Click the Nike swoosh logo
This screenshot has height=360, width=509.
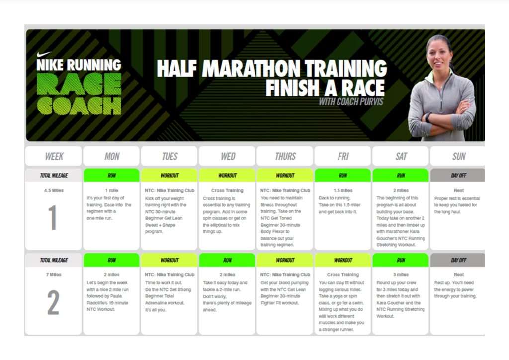(44, 54)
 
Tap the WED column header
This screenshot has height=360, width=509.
(228, 157)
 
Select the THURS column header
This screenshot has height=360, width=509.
(285, 157)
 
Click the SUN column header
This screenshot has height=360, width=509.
(459, 157)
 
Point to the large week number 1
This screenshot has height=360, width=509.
(53, 217)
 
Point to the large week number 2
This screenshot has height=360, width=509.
(53, 302)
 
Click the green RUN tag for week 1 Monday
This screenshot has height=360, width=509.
(112, 176)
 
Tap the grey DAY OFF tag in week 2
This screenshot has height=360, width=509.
(458, 260)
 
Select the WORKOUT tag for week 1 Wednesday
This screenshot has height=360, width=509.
(227, 176)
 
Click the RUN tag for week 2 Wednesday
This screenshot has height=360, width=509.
(227, 260)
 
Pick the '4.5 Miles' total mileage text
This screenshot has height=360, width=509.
(54, 190)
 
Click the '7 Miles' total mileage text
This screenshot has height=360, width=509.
(54, 275)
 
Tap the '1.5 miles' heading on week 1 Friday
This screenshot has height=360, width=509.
(343, 190)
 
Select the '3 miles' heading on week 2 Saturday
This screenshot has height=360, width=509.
(401, 275)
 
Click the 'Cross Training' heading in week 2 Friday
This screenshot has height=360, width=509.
(343, 275)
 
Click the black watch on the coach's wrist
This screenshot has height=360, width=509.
(428, 117)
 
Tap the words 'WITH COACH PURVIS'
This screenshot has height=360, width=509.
(351, 102)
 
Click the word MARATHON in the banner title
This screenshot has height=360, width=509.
(252, 69)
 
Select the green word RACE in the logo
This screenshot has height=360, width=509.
(79, 84)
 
